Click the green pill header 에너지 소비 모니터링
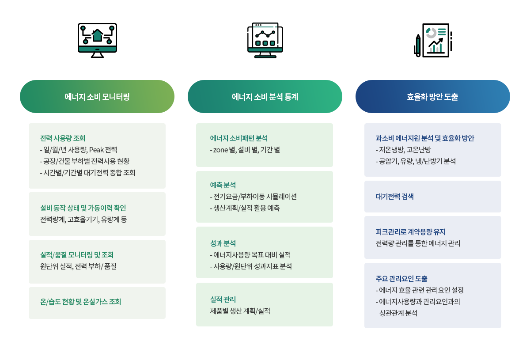pos(97,97)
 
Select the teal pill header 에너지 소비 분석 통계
pos(265,97)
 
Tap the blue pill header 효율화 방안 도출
pos(432,97)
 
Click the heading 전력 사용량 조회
pos(63,138)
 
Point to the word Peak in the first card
pos(96,150)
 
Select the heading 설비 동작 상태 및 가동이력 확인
pos(83,208)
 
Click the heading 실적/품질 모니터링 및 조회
pos(77,255)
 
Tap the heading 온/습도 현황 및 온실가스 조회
pos(81,302)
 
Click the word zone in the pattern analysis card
pos(220,150)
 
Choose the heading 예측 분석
pos(223,185)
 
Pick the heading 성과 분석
pos(223,243)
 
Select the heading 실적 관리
pos(223,299)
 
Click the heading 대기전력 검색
pos(395,197)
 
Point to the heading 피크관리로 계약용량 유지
pos(411,232)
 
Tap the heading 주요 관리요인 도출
pos(401,279)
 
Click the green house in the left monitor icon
pos(97,35)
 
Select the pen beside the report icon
pos(418,45)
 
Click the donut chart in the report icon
pos(431,33)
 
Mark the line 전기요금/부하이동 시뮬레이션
pos(254,197)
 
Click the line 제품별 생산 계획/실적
pos(240,311)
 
